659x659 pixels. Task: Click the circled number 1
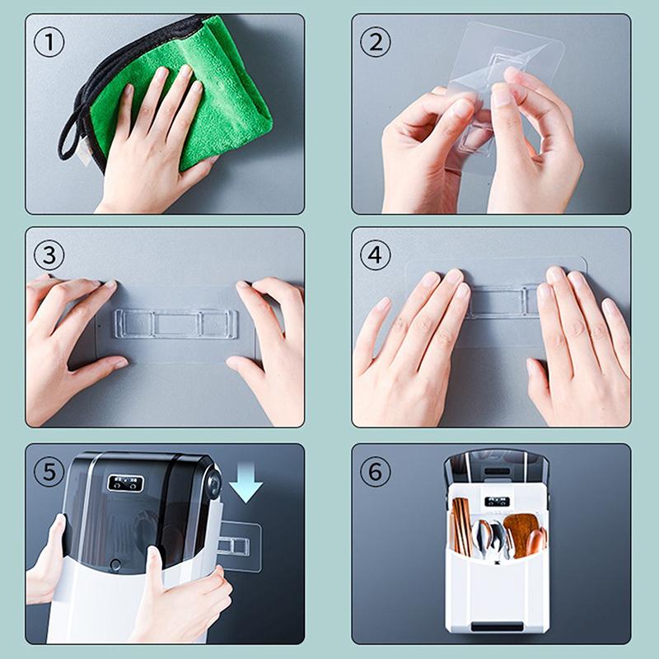(49, 41)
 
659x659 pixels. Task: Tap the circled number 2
(376, 41)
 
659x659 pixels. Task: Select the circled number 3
(49, 255)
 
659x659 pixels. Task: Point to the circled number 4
(376, 255)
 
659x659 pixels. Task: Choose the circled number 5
(49, 472)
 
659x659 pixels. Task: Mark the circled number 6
(376, 472)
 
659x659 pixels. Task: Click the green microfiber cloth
(222, 91)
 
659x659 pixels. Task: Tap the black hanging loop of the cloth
(69, 136)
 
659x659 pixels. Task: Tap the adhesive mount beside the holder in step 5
(239, 546)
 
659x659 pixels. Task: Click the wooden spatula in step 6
(521, 531)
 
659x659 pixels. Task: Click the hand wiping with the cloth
(157, 140)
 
